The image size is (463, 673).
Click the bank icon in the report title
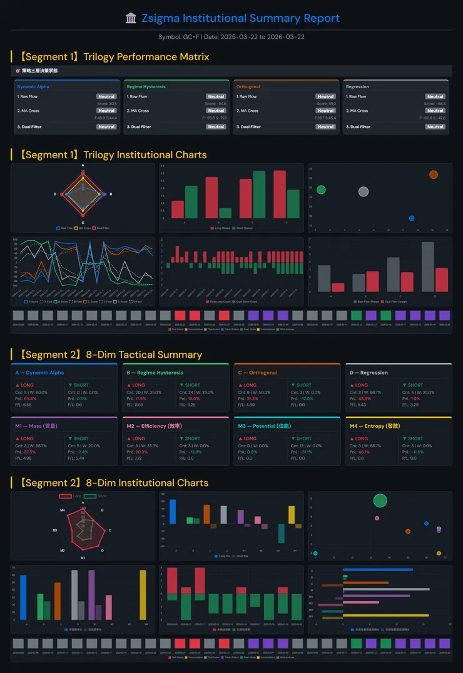point(131,18)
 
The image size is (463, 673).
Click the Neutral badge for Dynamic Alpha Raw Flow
point(106,97)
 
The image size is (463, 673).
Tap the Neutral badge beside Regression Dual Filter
point(435,127)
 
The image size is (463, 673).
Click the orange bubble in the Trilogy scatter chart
point(434,175)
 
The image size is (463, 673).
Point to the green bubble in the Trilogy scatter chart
point(321,190)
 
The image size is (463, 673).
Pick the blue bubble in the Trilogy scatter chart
point(411,218)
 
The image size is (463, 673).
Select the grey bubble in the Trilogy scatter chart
point(364,191)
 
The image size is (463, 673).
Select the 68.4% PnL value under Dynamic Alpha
point(30,398)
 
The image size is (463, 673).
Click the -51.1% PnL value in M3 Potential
point(307,452)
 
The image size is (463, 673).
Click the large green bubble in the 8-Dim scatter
point(380,500)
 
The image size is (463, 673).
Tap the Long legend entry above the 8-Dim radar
point(71,496)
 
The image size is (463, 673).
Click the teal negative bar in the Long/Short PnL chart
point(281,533)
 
